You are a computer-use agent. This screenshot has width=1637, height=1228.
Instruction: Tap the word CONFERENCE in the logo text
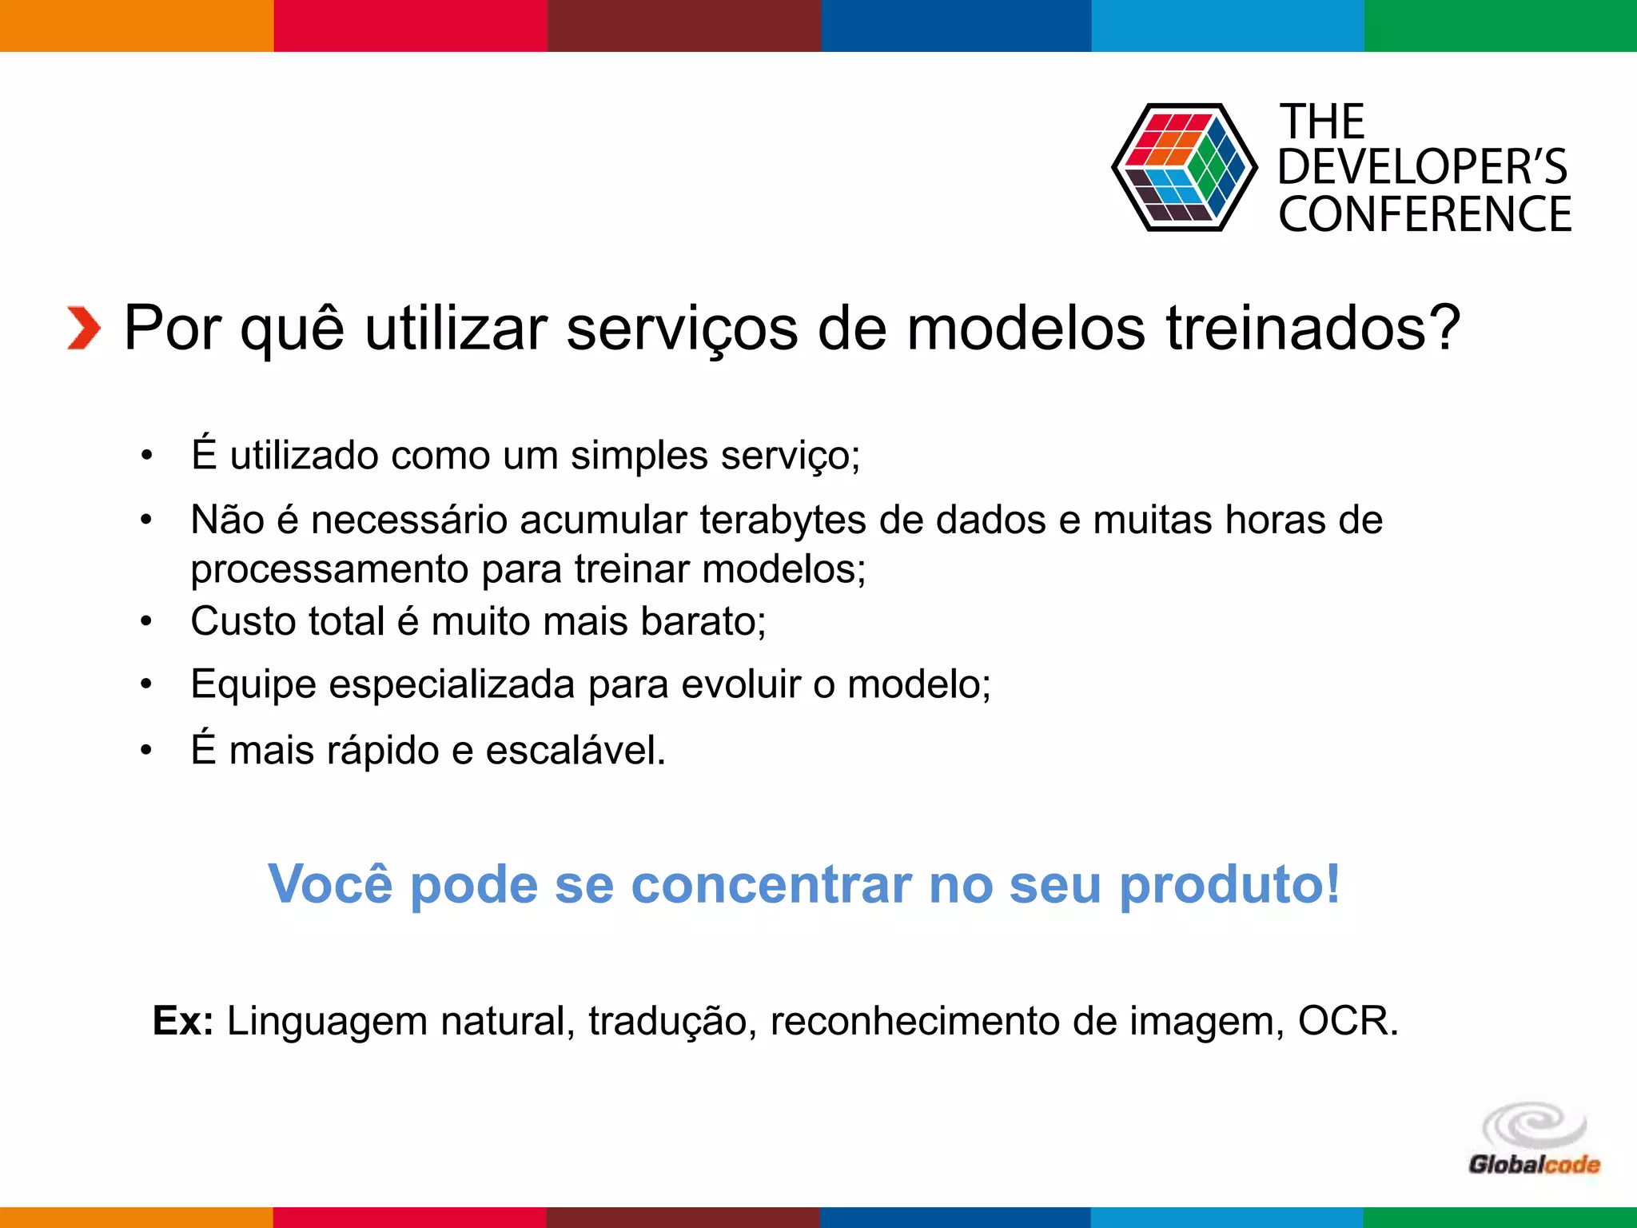click(x=1424, y=214)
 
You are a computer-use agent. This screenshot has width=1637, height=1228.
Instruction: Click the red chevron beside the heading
click(x=83, y=328)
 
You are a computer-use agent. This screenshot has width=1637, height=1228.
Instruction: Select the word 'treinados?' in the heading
click(x=1313, y=328)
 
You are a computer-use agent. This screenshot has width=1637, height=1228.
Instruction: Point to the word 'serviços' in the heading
click(x=682, y=328)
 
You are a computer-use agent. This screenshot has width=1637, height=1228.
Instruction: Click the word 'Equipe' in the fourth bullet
click(x=253, y=685)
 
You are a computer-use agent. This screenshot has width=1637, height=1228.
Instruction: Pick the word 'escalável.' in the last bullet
click(x=576, y=751)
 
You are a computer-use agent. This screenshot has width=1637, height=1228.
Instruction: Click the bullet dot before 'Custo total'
click(x=145, y=621)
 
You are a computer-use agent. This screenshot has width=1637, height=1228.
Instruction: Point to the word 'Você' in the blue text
click(x=330, y=884)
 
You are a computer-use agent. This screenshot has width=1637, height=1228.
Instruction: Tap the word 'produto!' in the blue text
click(x=1229, y=884)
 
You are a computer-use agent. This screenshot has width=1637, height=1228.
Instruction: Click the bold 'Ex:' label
click(x=183, y=1021)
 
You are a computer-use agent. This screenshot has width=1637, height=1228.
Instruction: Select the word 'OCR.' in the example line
click(x=1348, y=1021)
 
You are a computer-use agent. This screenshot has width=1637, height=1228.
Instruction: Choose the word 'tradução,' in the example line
click(x=672, y=1021)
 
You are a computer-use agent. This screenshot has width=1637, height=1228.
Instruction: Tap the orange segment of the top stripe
click(x=136, y=26)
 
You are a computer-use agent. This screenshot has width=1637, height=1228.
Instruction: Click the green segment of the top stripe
click(x=1500, y=26)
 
